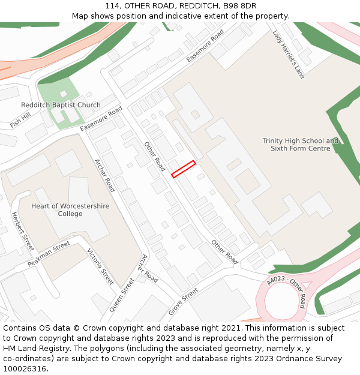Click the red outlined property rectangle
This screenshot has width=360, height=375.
184,169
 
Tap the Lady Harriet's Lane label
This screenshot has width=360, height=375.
289,55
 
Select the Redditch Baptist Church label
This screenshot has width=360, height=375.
61,105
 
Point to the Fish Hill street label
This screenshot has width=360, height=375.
20,120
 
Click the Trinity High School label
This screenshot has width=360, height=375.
301,145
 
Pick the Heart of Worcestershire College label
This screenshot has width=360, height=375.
70,209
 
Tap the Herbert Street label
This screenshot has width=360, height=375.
23,232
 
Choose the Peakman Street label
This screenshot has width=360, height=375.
49,255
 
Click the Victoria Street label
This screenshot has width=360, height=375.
100,266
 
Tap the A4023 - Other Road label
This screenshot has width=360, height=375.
287,292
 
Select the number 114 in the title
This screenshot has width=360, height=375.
112,6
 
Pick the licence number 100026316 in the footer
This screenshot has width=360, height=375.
24,368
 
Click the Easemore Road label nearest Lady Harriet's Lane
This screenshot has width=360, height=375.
205,45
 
